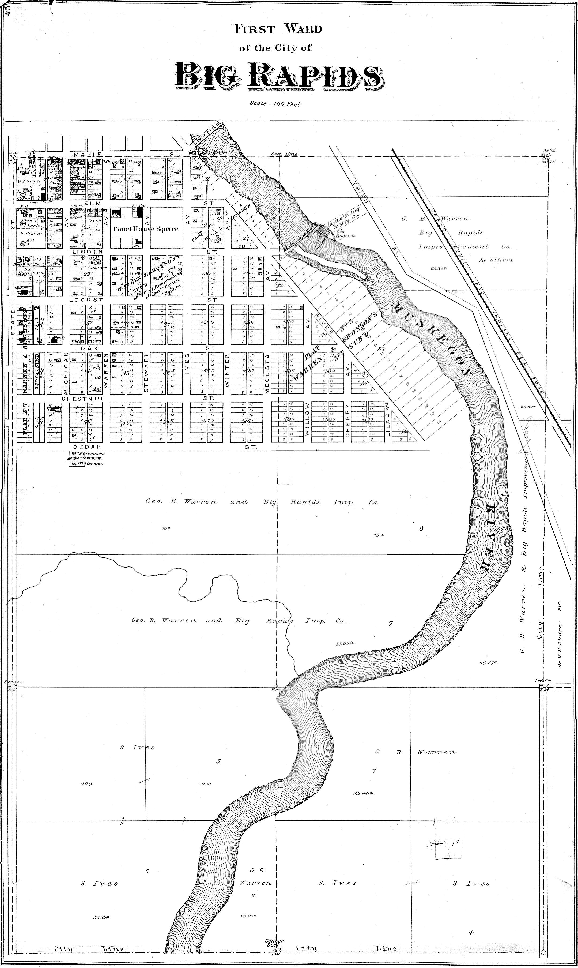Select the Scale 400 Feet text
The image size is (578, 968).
[275, 104]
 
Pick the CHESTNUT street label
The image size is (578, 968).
[82, 399]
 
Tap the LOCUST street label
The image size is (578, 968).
[86, 300]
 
